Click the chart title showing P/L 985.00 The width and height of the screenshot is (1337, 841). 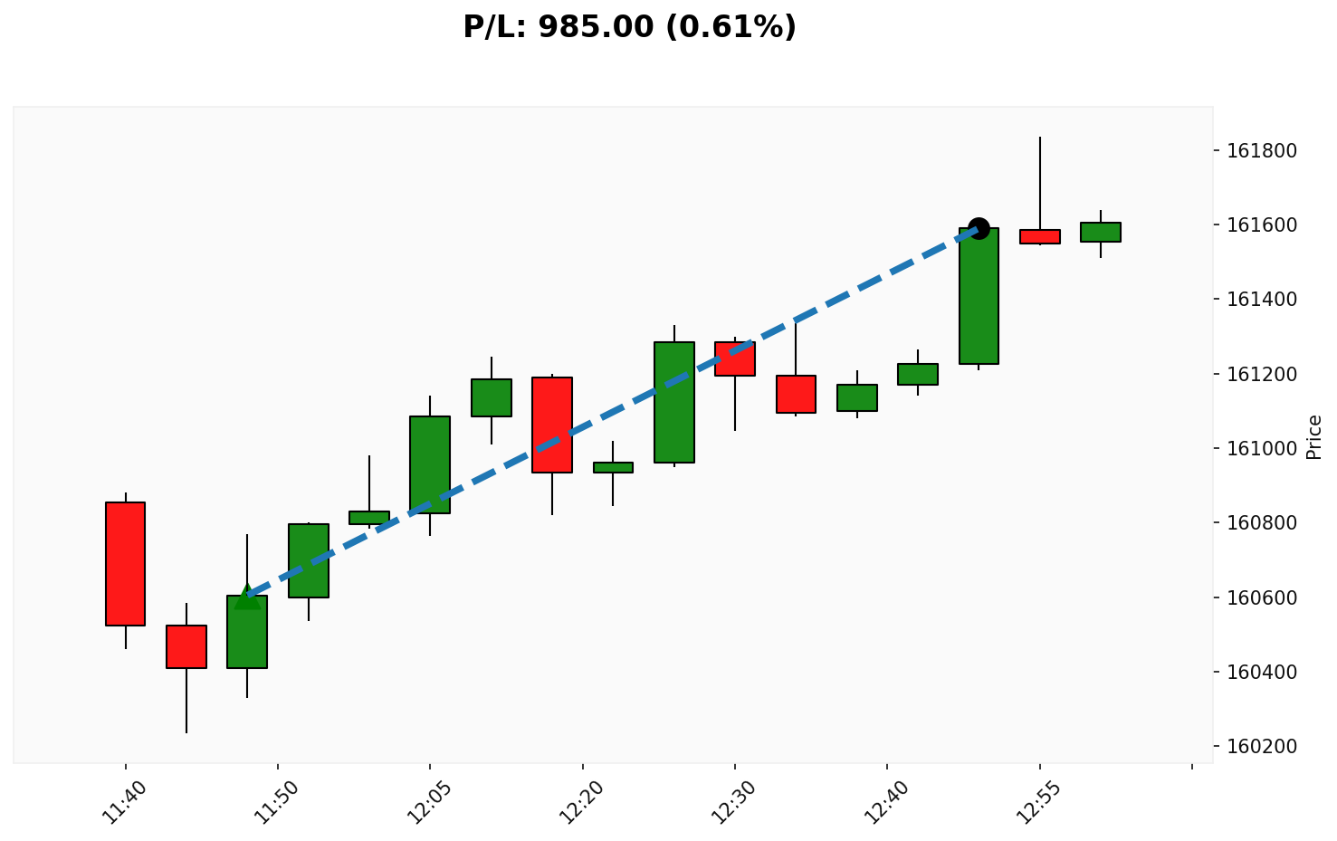629,27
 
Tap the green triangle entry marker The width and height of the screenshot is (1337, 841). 247,597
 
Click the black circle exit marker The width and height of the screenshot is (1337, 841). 979,228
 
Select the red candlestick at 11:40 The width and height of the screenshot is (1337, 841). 125,563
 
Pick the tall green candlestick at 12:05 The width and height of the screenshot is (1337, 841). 430,464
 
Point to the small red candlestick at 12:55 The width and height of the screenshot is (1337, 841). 1039,236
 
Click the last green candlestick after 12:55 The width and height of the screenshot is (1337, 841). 1101,232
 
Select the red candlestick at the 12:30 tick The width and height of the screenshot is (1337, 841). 735,358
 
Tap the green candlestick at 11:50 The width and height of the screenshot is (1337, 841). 309,560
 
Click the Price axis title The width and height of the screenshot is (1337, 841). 1314,436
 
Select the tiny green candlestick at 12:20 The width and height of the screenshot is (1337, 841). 613,467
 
